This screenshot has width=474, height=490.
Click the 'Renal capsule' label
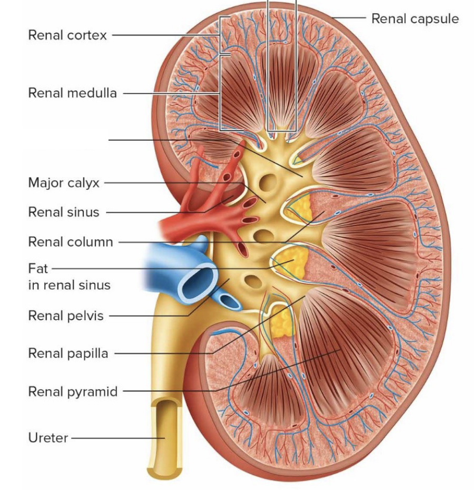414,18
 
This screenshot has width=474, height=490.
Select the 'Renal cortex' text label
67,35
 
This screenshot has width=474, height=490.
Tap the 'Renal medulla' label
72,93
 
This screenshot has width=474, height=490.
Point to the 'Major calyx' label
64,183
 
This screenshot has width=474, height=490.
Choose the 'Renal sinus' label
63,212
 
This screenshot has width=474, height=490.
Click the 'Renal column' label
71,242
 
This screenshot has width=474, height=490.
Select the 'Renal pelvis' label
66,316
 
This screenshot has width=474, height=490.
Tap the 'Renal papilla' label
68,353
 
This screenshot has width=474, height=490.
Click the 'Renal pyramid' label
73,391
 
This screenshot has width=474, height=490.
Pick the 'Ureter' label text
48,437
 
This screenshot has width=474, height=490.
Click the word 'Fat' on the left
38,268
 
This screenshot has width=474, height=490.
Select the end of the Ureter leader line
164,437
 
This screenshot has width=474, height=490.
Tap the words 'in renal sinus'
69,285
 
